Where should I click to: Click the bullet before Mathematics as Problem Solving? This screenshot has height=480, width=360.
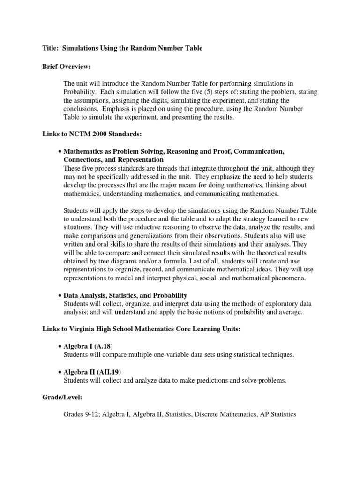[60, 152]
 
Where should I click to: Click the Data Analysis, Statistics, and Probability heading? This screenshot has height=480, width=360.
[125, 295]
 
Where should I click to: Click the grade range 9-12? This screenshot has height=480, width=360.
[92, 415]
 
